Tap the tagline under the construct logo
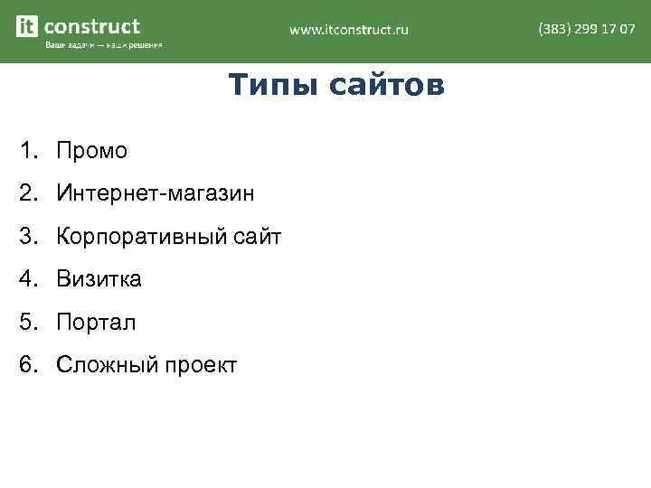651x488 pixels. (103, 45)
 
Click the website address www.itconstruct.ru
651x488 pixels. (349, 29)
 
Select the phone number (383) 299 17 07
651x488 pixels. (586, 29)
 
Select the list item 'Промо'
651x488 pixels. (91, 151)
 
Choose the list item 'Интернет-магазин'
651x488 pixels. (155, 193)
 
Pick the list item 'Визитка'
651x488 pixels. (99, 279)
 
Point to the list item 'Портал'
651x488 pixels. (96, 323)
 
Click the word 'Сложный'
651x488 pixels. (106, 365)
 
